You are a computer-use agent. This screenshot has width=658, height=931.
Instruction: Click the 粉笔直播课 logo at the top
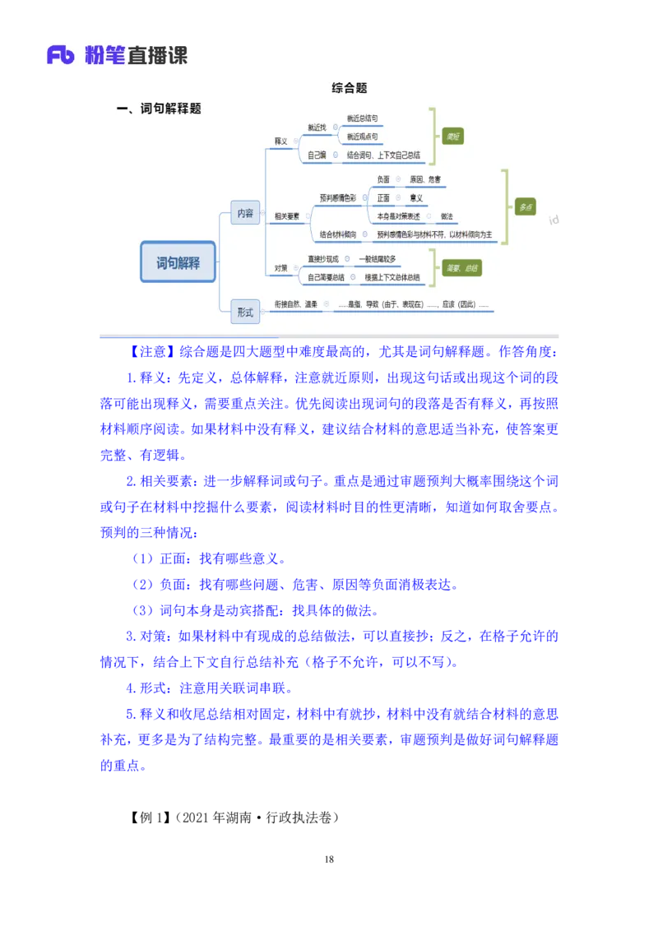pyautogui.click(x=115, y=55)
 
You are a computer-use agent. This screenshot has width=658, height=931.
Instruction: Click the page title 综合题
pyautogui.click(x=350, y=88)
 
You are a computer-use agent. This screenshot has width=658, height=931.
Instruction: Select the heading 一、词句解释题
pyautogui.click(x=159, y=108)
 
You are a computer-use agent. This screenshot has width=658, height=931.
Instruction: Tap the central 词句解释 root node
pyautogui.click(x=178, y=262)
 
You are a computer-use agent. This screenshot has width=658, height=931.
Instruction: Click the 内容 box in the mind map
pyautogui.click(x=245, y=212)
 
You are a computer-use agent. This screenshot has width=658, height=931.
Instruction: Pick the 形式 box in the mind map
pyautogui.click(x=245, y=312)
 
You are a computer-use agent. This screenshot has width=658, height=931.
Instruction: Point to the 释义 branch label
pyautogui.click(x=281, y=141)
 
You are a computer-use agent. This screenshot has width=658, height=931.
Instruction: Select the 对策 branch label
pyautogui.click(x=281, y=268)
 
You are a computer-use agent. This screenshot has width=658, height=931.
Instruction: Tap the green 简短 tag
pyautogui.click(x=452, y=137)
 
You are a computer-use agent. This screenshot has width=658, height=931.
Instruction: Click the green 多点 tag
pyautogui.click(x=526, y=207)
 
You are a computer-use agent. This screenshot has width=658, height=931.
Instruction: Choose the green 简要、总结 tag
pyautogui.click(x=461, y=268)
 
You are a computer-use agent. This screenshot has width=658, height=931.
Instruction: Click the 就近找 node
pyautogui.click(x=317, y=127)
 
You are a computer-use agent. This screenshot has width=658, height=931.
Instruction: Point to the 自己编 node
pyautogui.click(x=317, y=154)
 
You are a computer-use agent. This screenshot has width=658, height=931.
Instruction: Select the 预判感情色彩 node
pyautogui.click(x=338, y=198)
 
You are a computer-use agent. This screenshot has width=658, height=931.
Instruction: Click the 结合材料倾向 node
pyautogui.click(x=338, y=234)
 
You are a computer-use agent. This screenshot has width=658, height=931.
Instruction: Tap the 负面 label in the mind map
pyautogui.click(x=383, y=179)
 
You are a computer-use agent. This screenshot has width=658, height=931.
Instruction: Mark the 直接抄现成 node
pyautogui.click(x=323, y=259)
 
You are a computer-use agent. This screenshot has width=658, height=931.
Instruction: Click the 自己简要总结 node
pyautogui.click(x=328, y=277)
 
